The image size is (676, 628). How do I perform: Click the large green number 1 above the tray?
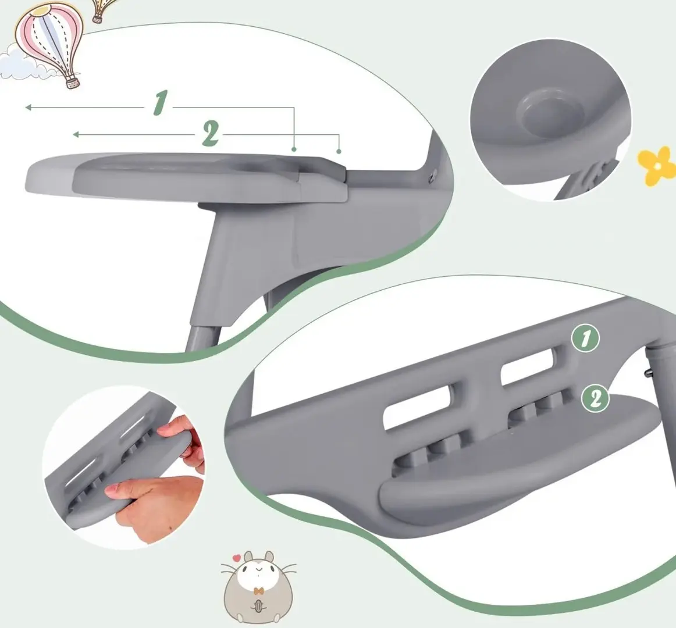(159, 104)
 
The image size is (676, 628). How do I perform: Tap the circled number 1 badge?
(585, 338)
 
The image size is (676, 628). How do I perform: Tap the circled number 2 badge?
(595, 399)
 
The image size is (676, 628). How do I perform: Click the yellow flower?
(657, 166)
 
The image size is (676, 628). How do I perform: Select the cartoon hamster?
(259, 586)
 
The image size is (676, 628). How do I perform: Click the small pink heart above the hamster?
(236, 558)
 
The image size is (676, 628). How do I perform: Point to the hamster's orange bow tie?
(258, 591)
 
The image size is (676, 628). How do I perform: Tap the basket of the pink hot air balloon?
(73, 82)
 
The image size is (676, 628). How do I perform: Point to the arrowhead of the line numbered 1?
(28, 108)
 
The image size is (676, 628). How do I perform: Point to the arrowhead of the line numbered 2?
(76, 135)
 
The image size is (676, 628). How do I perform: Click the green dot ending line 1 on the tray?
(294, 149)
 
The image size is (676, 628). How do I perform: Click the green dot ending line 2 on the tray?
(339, 151)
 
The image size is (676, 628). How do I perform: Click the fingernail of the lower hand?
(112, 489)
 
